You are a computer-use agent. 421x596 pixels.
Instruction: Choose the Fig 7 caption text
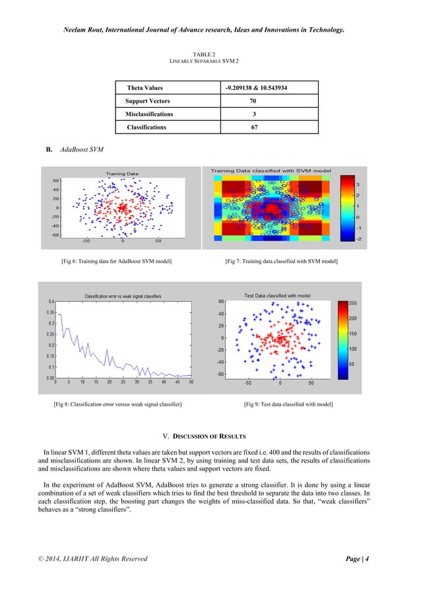(282, 263)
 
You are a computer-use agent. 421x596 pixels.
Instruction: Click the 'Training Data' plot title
(123, 174)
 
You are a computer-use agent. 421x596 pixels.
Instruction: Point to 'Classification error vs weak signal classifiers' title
(123, 295)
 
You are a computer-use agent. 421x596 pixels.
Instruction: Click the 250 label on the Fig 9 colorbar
(352, 303)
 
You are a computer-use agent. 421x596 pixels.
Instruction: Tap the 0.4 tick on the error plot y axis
(51, 302)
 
